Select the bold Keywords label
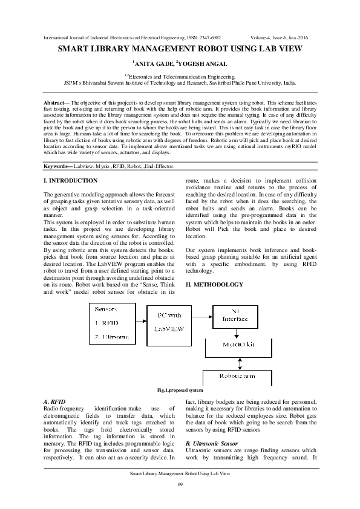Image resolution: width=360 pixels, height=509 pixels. tap(62, 165)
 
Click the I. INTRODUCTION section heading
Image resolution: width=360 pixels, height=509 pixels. tap(71, 180)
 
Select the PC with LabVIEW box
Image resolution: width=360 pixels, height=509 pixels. tap(169, 322)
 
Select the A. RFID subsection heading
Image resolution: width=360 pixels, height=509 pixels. tap(55, 401)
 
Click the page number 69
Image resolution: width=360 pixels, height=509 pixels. tap(180, 485)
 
